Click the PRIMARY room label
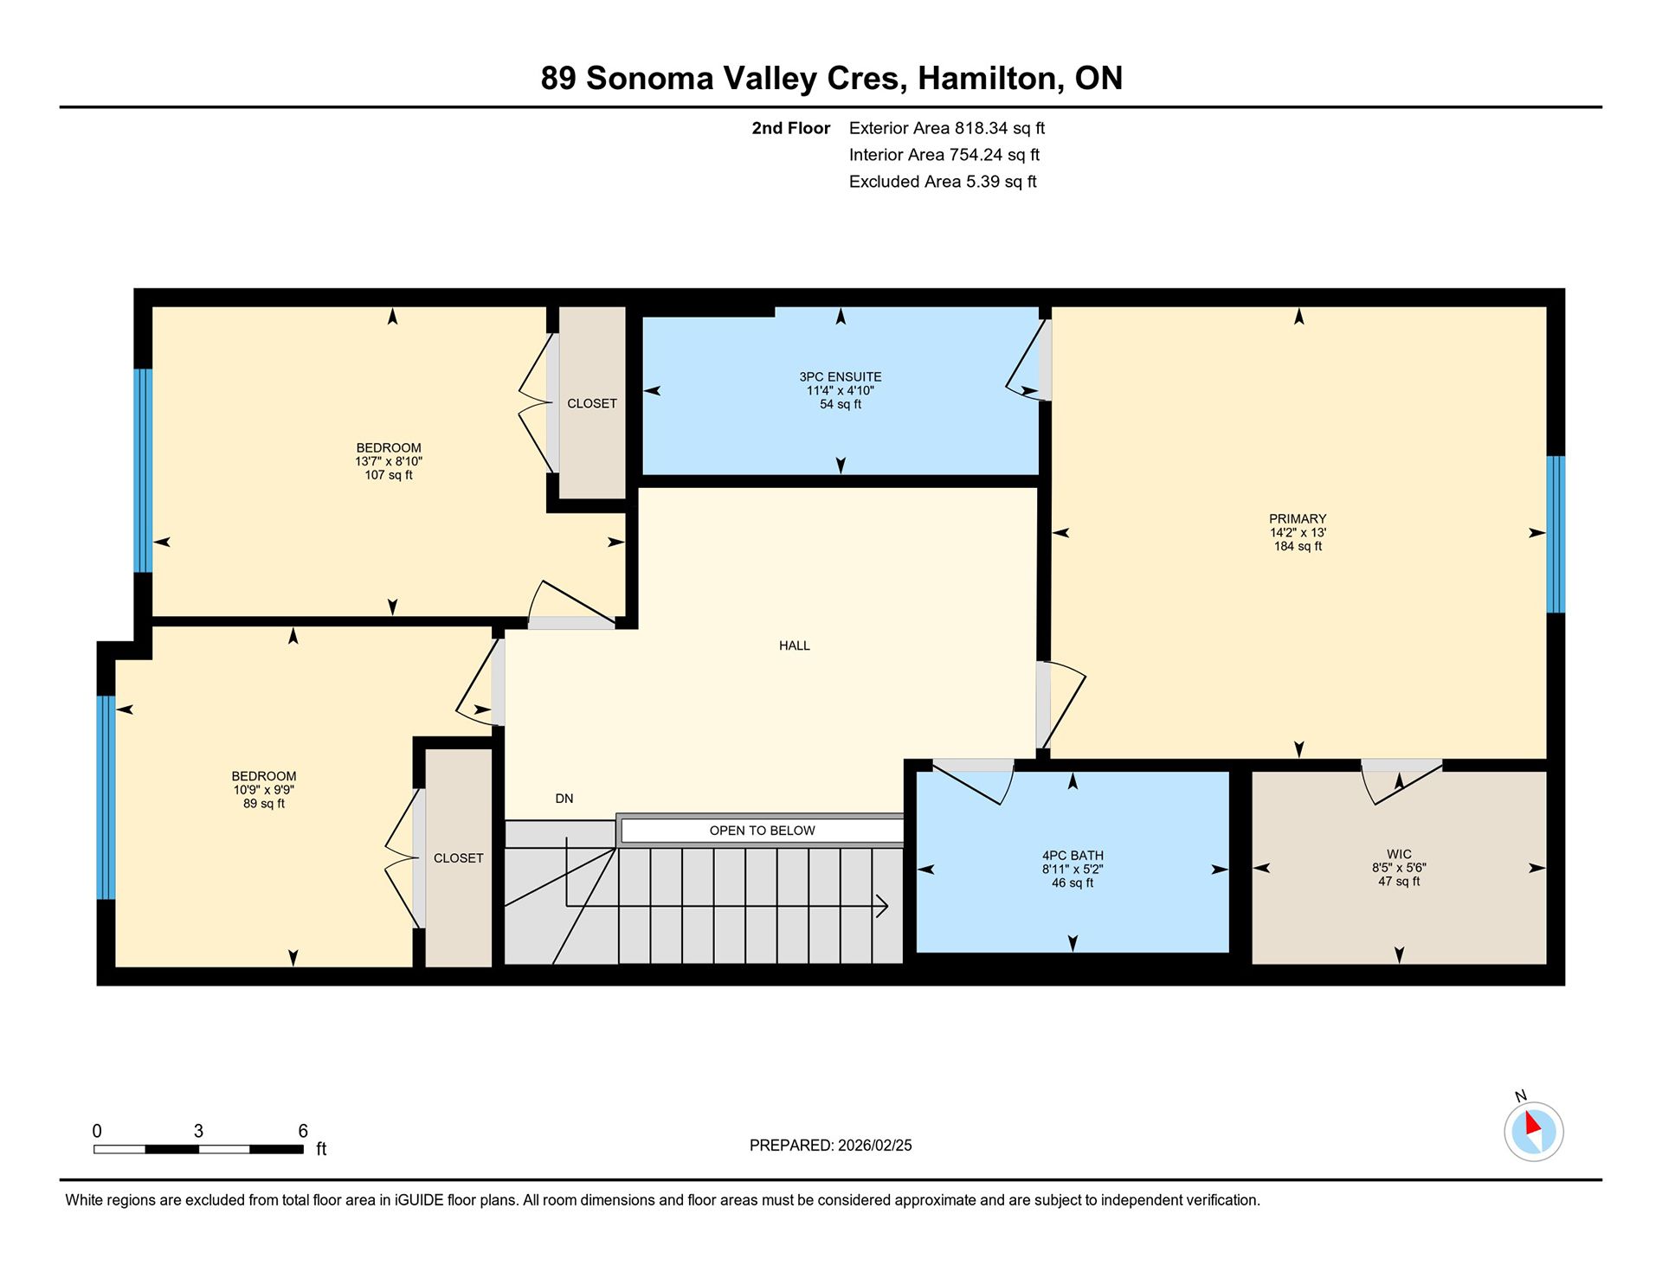1298,519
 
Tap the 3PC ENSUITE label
841,377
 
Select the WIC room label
1399,854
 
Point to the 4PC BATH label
1073,856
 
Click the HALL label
795,645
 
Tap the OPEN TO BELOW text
763,831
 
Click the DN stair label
564,799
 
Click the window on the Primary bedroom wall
1556,534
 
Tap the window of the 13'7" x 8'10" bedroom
143,471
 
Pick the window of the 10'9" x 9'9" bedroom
106,798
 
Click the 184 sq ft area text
1298,546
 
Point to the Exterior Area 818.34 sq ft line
947,128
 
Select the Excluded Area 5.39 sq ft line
943,182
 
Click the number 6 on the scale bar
303,1131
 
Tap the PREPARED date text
831,1146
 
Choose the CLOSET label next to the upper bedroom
592,404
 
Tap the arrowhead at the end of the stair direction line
883,906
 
